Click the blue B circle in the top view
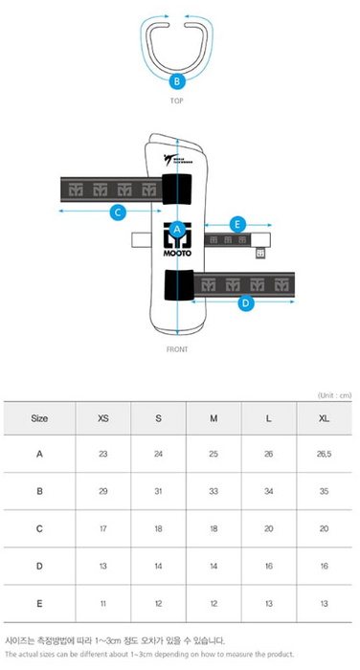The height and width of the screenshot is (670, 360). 177,80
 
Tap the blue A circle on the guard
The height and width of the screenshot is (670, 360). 177,230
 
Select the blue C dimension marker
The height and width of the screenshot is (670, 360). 118,212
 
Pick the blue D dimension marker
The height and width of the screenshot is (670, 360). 245,303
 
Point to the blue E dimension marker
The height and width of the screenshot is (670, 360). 237,224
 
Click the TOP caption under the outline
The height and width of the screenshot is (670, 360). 176,100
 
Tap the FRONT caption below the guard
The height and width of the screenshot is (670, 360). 177,349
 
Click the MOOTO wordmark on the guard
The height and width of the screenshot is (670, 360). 177,253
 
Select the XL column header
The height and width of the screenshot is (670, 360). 324,419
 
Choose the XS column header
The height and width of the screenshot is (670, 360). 103,419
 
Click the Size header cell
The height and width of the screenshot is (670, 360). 39,419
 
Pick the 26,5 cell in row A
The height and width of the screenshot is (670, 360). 324,454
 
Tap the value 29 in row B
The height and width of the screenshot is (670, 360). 103,491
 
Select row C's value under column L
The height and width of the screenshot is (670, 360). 268,529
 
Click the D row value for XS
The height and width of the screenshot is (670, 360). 103,567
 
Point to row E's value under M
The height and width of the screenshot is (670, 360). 214,604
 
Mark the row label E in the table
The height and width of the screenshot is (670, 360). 39,604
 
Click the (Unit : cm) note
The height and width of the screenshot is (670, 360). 334,395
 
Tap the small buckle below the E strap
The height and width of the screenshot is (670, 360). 260,254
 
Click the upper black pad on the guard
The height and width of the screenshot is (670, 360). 177,189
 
